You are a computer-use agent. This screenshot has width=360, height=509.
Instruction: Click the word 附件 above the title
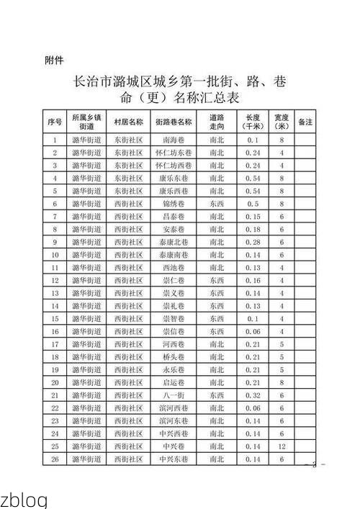pyautogui.click(x=55, y=60)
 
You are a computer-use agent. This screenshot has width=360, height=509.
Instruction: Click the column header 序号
pyautogui.click(x=55, y=122)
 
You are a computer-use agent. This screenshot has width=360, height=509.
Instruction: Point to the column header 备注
pyautogui.click(x=305, y=122)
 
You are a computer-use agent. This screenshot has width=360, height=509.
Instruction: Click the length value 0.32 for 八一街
pyautogui.click(x=253, y=395)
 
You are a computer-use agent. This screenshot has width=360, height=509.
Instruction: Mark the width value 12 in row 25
pyautogui.click(x=282, y=446)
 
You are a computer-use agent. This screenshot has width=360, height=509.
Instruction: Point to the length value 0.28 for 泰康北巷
pyautogui.click(x=253, y=242)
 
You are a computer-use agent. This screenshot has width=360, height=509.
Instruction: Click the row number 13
pyautogui.click(x=55, y=293)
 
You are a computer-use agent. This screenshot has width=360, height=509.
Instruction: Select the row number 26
pyautogui.click(x=55, y=459)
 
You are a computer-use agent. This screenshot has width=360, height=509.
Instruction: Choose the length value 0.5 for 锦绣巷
pyautogui.click(x=253, y=204)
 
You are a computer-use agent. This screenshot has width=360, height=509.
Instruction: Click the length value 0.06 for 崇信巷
pyautogui.click(x=253, y=331)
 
